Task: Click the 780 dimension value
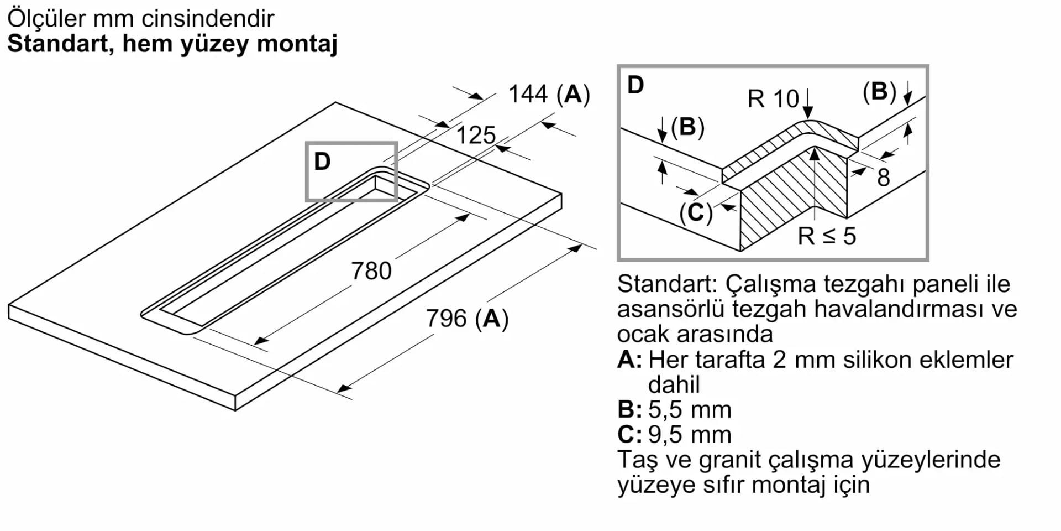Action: pos(371,271)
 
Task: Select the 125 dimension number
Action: pos(476,136)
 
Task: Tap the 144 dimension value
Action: pos(528,94)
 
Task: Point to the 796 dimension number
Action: pos(446,319)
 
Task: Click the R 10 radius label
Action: pos(773,99)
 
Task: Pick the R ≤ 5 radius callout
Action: pos(827,236)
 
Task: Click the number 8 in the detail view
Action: pos(884,178)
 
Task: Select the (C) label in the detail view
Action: pos(696,212)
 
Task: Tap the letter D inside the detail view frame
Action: pos(635,85)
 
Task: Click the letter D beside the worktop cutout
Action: pos(322,162)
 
